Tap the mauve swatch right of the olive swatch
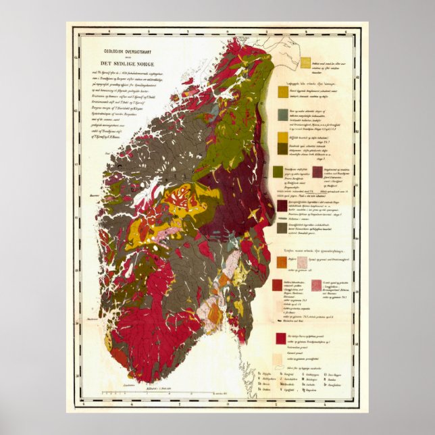click(317, 171)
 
